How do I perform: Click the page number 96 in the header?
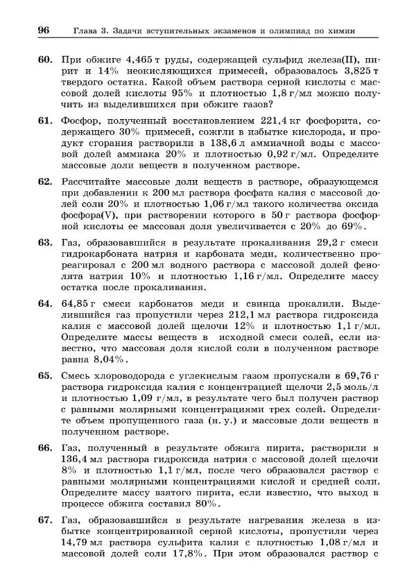tap(43, 30)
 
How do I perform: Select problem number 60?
tap(46, 60)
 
